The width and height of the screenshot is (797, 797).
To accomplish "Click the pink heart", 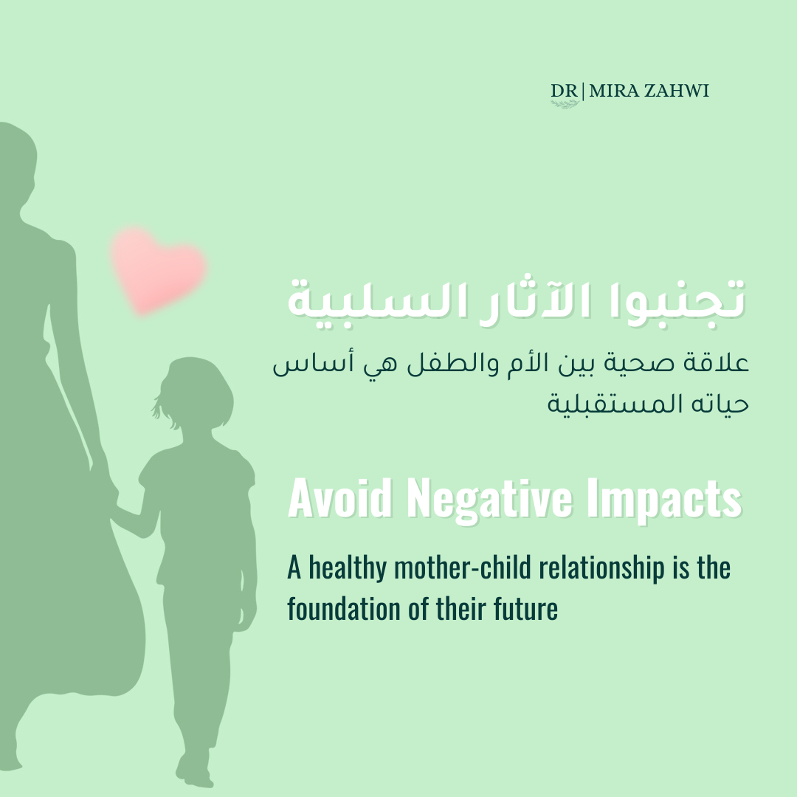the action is tap(158, 269).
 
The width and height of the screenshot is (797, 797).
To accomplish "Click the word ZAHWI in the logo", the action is tap(677, 91).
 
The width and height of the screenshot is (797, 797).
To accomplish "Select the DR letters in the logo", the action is tap(565, 91).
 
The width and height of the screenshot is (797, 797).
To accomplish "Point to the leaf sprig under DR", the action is tap(565, 104).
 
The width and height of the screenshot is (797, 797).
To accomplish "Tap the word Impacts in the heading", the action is tap(664, 500).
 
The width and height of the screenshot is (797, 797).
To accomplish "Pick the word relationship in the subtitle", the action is tap(602, 568).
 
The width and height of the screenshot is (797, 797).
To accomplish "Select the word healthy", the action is tap(348, 568).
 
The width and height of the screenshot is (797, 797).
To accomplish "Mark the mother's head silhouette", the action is tap(16, 162).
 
